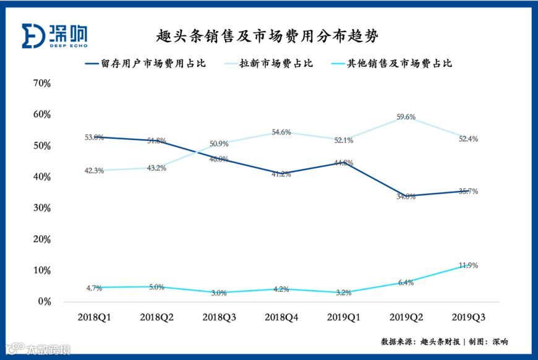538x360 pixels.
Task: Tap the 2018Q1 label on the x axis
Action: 95,317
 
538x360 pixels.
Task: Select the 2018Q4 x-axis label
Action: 281,317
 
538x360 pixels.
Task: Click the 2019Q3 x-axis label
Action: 468,317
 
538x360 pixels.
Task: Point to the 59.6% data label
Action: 406,117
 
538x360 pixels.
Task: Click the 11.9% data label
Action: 468,265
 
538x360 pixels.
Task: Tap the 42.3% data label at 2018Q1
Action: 95,171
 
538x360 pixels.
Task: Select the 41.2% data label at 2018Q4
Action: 281,174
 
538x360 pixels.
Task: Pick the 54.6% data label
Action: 281,132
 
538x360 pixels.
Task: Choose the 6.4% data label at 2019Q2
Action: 406,283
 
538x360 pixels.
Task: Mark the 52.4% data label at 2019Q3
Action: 468,139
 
